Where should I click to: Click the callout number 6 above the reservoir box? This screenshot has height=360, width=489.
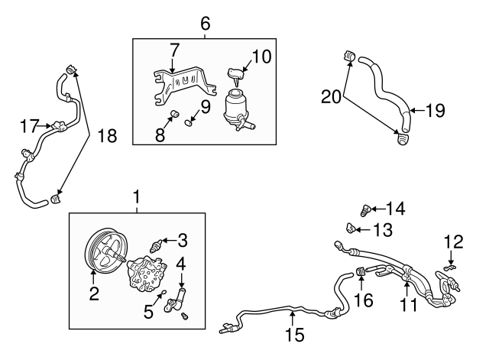[x=206, y=24]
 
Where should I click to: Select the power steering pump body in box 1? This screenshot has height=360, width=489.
[x=147, y=273]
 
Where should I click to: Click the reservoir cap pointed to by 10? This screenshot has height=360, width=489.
[x=237, y=74]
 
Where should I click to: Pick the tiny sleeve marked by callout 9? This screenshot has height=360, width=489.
[x=188, y=123]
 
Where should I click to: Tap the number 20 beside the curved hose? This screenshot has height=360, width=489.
[x=331, y=96]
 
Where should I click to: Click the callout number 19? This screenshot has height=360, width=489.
[x=436, y=110]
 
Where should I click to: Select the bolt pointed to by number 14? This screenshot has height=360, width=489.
[x=365, y=210]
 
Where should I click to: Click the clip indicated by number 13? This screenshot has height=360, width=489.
[x=351, y=228]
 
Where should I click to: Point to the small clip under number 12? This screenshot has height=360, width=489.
[x=449, y=267]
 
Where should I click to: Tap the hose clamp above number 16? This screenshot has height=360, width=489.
[x=361, y=271]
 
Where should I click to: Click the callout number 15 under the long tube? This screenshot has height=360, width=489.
[x=295, y=335]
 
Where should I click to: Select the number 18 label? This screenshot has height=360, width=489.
[x=107, y=136]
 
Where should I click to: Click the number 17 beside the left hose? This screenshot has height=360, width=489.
[x=30, y=126]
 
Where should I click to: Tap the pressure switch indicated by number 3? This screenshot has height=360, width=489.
[x=155, y=245]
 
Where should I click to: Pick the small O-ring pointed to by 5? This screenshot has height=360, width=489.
[x=163, y=292]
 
